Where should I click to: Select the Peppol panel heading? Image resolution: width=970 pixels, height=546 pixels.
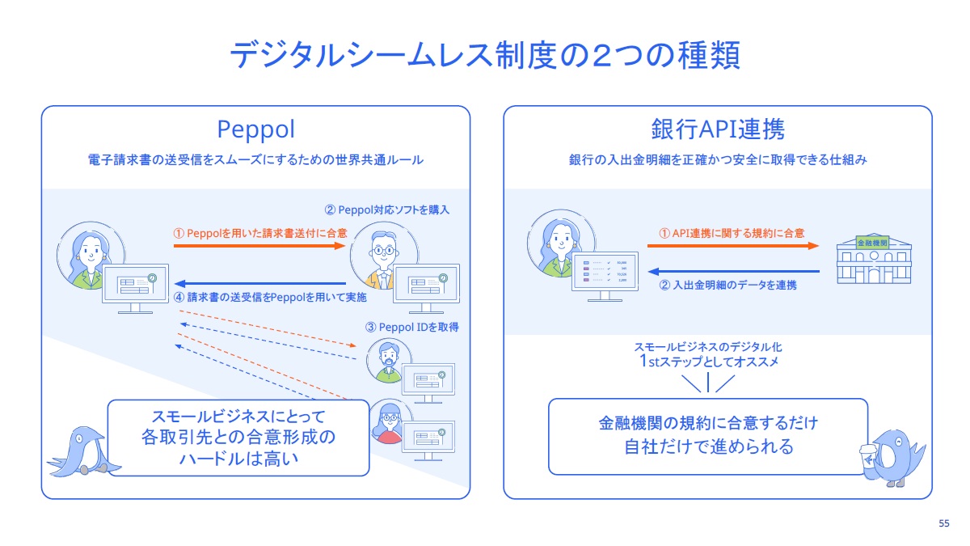[255, 129]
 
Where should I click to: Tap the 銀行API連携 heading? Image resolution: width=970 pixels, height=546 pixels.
[717, 129]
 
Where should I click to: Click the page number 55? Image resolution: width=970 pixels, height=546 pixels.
[943, 523]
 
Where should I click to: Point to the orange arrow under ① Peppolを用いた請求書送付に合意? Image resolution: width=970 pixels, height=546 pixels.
[259, 247]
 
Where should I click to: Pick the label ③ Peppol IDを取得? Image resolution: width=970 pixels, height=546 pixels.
[412, 328]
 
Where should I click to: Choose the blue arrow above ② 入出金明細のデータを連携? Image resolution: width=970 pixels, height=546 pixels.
[733, 271]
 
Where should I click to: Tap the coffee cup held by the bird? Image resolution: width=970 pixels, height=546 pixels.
[869, 455]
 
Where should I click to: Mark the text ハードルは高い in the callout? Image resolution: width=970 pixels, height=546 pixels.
[238, 459]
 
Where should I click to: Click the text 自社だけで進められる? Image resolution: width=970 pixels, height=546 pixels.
[708, 446]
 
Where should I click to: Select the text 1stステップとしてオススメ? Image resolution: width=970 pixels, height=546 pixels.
[707, 362]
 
